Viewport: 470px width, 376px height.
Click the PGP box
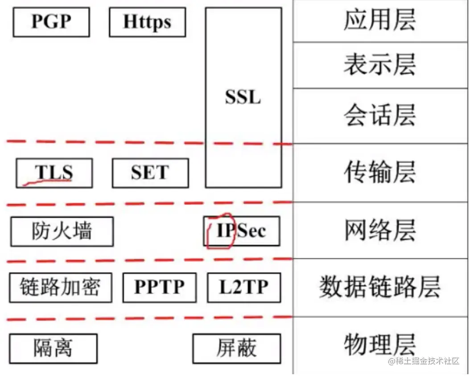point(51,21)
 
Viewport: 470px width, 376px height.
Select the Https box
point(147,21)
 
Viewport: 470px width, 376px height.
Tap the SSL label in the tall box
point(243,97)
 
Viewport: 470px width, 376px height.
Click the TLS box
point(54,173)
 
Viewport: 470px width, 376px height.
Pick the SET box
point(150,173)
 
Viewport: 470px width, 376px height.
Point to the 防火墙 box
point(62,231)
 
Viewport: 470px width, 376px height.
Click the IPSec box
point(242,231)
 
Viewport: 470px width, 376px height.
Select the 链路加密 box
point(60,287)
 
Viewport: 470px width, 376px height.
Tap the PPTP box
point(159,287)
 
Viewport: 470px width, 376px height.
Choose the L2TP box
point(244,287)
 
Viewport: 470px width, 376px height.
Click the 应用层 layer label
point(380,20)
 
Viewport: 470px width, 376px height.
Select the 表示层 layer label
point(380,65)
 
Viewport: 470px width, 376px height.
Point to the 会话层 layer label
point(380,115)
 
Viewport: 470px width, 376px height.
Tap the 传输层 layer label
point(380,172)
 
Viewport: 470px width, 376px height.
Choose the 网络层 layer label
point(380,230)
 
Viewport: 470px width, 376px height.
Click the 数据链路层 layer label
point(380,287)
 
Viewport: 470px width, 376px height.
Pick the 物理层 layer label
point(380,344)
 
